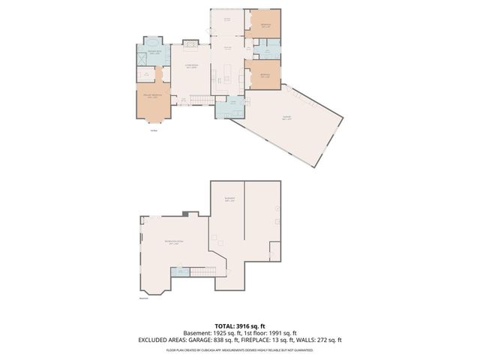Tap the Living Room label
tap(190, 65)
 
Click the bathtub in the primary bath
tap(153, 43)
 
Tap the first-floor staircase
tap(198, 102)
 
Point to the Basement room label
tap(229, 199)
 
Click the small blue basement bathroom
tap(179, 271)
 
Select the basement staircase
tap(200, 270)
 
